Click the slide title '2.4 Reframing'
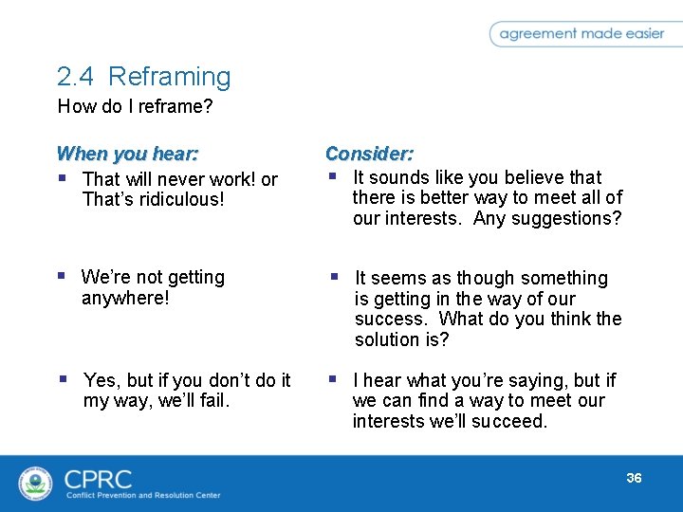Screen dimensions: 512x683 tap(143, 77)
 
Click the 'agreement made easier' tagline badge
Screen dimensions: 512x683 tap(581, 34)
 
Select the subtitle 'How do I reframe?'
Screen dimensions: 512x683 tap(135, 106)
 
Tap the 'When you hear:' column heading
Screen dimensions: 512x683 tap(127, 154)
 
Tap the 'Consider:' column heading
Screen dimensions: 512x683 tap(369, 154)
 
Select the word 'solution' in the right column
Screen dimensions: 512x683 tap(390, 339)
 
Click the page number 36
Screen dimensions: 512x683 tap(634, 478)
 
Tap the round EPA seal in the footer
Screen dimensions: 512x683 tap(36, 483)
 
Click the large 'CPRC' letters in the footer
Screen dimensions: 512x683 tap(98, 478)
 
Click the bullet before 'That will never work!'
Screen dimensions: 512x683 tap(63, 177)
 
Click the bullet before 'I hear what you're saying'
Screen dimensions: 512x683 tap(333, 379)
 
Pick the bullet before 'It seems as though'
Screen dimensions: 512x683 tap(334, 277)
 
